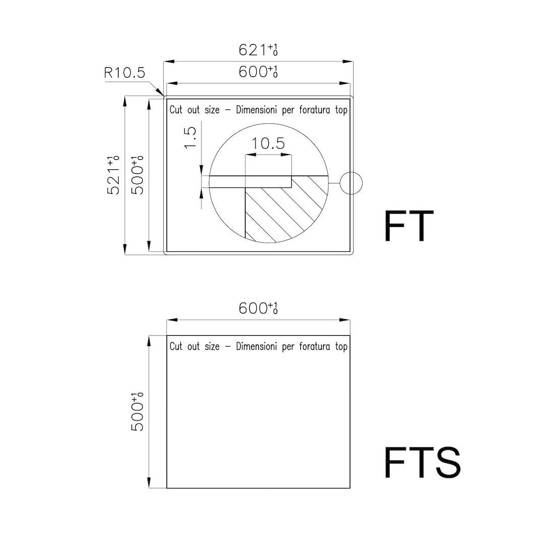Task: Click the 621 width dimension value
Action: (x=258, y=50)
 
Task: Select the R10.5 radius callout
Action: (x=124, y=73)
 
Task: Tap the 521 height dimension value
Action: (x=113, y=175)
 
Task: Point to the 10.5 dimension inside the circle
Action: (x=268, y=143)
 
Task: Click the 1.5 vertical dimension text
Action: (x=190, y=138)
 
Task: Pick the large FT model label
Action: (x=409, y=226)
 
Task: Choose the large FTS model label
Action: (x=422, y=462)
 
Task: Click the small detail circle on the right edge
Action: (x=351, y=183)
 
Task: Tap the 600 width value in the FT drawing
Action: (x=258, y=72)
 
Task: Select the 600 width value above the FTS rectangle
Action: (x=258, y=308)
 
